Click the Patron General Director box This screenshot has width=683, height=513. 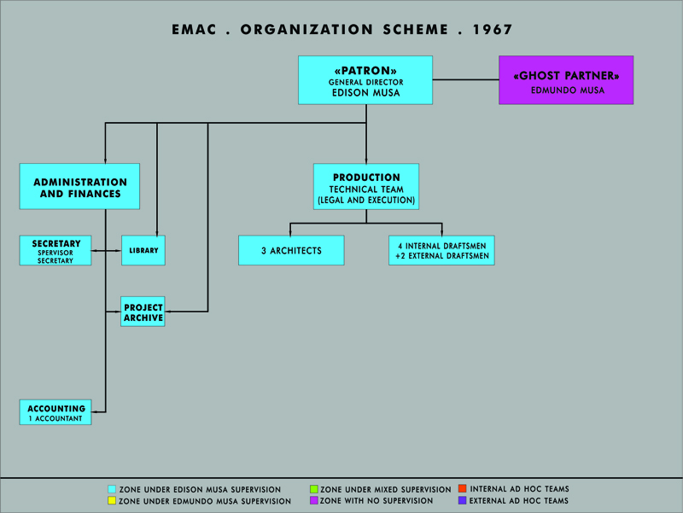click(365, 80)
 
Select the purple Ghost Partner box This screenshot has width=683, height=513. click(566, 80)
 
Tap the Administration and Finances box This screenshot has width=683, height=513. click(79, 186)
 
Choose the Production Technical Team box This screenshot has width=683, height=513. click(366, 187)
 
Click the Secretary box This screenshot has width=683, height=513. click(55, 250)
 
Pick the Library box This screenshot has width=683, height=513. click(143, 250)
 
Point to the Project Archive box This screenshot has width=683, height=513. click(143, 312)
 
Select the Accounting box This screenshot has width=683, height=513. click(55, 412)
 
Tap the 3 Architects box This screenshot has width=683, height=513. click(291, 250)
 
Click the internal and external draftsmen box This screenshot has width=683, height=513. click(441, 250)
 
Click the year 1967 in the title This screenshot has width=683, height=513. click(493, 30)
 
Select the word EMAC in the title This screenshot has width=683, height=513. click(194, 30)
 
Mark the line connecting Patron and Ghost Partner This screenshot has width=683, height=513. click(465, 79)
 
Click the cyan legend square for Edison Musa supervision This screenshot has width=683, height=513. click(112, 489)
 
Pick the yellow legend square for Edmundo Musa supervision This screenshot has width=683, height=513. click(112, 500)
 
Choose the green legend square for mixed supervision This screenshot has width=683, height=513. click(313, 489)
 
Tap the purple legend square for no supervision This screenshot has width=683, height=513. click(313, 500)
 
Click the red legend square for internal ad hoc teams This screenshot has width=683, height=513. click(463, 488)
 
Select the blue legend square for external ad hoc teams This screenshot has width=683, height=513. click(463, 500)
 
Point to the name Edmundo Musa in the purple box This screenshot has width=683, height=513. click(568, 90)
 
